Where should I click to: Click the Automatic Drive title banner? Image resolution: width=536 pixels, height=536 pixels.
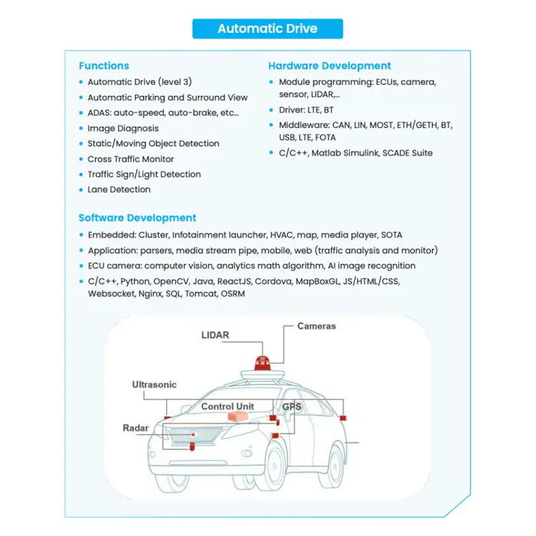267,29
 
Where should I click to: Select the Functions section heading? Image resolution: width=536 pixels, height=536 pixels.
103,66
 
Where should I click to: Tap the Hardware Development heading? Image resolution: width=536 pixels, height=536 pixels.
329,66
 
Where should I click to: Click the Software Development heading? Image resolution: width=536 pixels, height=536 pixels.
137,217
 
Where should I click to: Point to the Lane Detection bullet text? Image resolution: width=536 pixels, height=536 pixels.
119,189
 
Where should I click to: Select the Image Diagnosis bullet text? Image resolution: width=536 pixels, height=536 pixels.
123,129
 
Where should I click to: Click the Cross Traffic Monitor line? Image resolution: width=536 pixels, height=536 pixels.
130,159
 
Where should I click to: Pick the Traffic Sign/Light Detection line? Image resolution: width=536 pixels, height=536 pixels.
144,174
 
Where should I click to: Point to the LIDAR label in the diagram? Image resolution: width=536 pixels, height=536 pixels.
215,335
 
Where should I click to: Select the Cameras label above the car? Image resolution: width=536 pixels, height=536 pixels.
316,326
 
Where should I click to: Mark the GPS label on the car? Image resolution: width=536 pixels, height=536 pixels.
292,407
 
